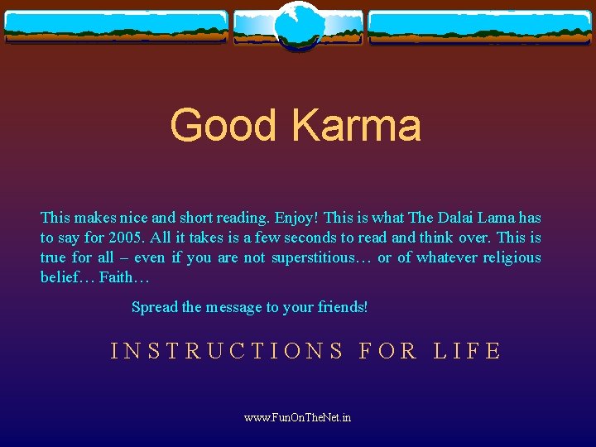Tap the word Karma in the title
coord(356,126)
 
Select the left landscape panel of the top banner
coord(116,26)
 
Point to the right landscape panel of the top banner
coord(480,26)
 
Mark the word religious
coord(512,257)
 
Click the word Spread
coord(154,307)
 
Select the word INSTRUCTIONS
coord(228,351)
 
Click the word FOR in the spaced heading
coord(388,351)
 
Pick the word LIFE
coord(468,351)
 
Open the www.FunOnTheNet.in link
coord(297,417)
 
